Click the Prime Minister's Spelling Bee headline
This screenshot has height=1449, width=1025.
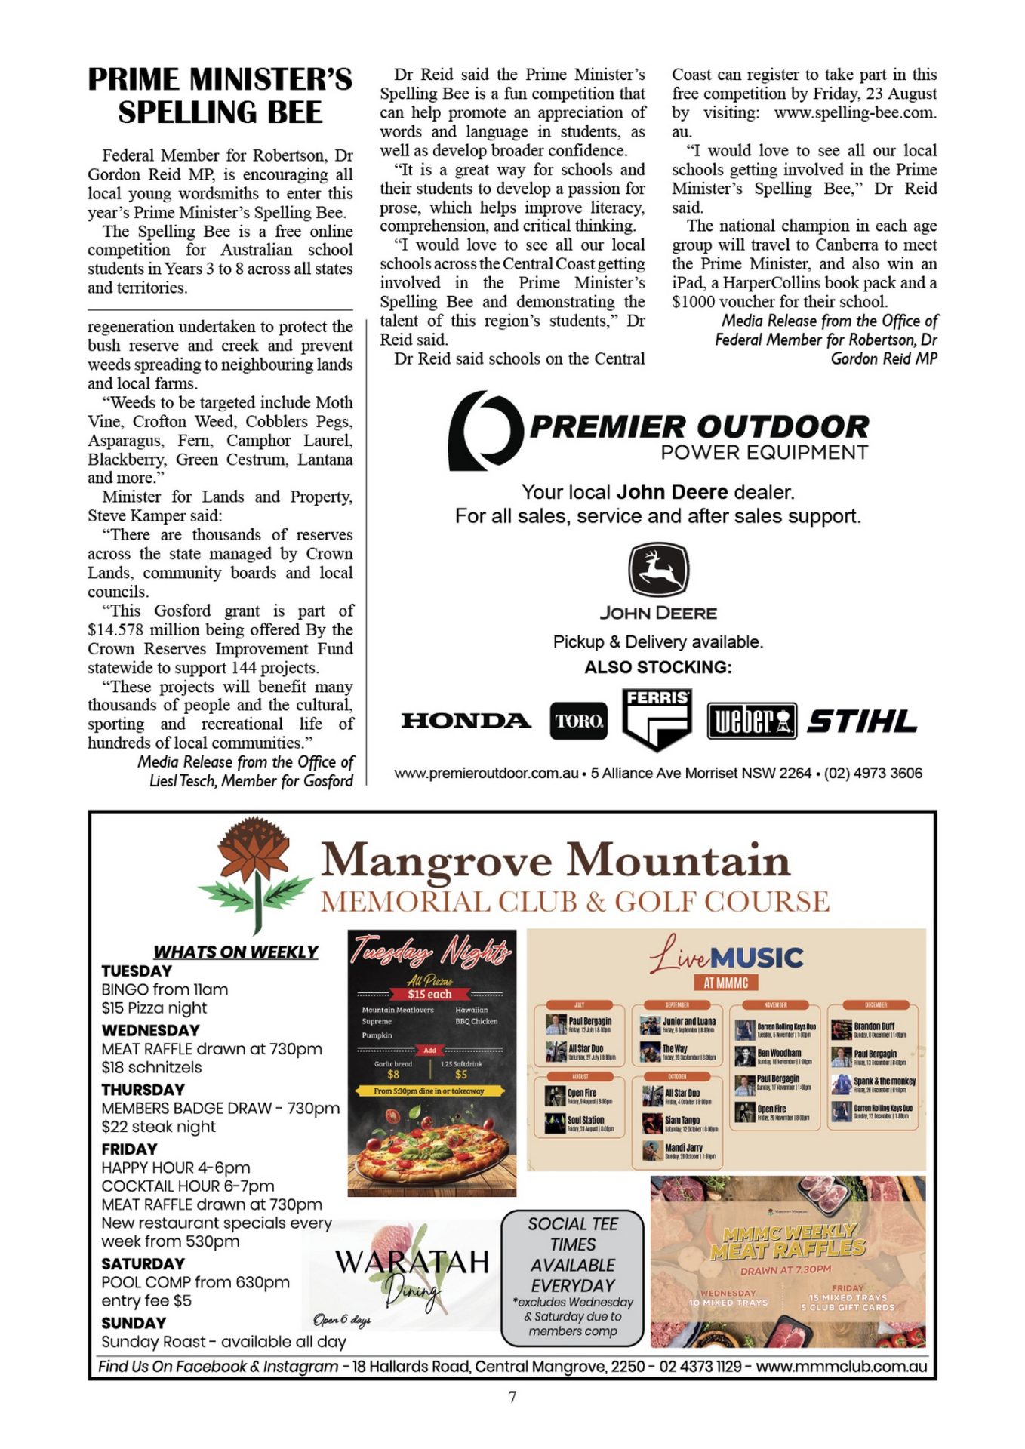[x=220, y=96]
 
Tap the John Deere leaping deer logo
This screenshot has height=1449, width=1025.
[x=658, y=571]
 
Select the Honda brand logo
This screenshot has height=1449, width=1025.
[x=466, y=721]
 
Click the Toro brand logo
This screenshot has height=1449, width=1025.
[x=578, y=721]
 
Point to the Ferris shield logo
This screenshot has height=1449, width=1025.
[x=657, y=718]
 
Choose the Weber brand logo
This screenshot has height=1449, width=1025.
[x=752, y=721]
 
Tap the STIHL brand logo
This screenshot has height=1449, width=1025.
[x=862, y=721]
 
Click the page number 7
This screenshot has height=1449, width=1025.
[x=512, y=1397]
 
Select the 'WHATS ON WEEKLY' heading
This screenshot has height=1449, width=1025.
[x=235, y=952]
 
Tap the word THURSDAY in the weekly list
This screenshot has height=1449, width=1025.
[x=143, y=1090]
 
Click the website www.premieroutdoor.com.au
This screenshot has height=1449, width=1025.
[x=486, y=774]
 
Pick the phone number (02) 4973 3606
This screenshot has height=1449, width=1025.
[x=873, y=774]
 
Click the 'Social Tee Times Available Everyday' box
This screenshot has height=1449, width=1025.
[x=573, y=1277]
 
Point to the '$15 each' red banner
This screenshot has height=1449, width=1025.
[x=429, y=994]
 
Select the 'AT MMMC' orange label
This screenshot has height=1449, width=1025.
[x=725, y=983]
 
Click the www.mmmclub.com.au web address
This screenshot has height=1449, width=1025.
[x=841, y=1367]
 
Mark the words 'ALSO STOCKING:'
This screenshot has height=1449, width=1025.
[x=657, y=667]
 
